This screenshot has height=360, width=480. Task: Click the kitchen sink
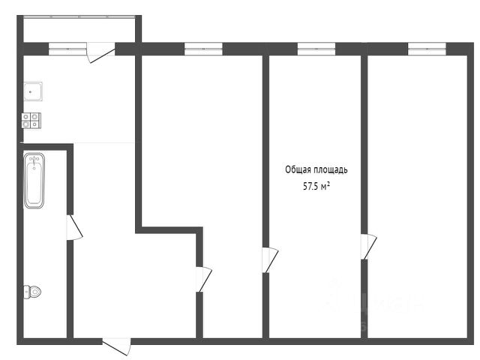33,91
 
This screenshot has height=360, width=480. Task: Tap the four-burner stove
31,120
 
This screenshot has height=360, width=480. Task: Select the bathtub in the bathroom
34,181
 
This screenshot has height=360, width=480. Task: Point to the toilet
32,292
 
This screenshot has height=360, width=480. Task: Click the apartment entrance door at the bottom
117,346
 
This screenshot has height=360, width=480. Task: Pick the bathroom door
74,227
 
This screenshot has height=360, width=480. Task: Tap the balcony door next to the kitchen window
100,52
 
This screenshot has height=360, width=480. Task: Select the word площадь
329,170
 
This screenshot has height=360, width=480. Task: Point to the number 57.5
310,186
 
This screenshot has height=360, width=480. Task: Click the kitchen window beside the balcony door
67,49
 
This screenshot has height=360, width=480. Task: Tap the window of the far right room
427,49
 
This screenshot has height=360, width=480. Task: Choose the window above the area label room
316,49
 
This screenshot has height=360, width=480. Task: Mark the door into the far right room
368,247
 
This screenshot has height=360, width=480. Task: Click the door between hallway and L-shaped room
204,279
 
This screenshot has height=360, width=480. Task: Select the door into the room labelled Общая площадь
270,260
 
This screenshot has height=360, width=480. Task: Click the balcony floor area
79,30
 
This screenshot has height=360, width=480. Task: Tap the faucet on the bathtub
34,160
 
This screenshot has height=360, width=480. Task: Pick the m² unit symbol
325,186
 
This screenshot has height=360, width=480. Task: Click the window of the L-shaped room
203,49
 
